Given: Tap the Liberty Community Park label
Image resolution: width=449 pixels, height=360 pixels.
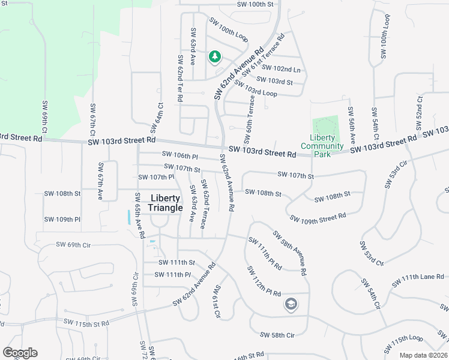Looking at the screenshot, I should coord(322,146).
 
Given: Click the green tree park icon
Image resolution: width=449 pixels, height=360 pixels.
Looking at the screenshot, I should coord(214,57).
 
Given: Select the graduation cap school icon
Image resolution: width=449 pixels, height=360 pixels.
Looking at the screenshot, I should coord(291,305).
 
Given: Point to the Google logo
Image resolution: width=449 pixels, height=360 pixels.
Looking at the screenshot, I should coord(20,353).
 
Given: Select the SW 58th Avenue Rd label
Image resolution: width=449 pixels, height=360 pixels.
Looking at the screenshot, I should coord(290,253).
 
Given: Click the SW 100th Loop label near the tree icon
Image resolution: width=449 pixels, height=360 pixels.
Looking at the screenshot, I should coord(229,29).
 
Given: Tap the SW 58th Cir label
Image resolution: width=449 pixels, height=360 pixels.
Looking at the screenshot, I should coord(277,334).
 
